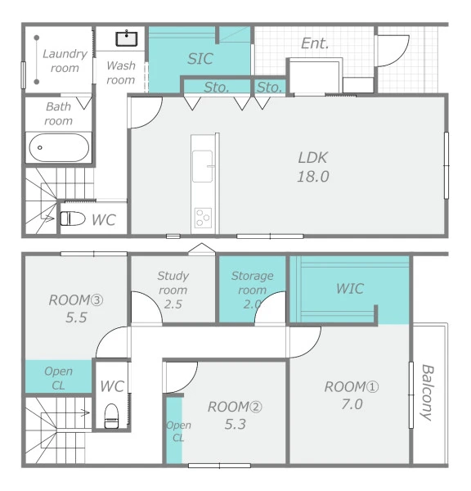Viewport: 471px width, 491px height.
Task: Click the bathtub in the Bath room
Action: (59, 147)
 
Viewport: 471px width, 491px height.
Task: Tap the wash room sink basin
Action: (127, 38)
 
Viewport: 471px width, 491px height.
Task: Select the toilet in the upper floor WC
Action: (73, 218)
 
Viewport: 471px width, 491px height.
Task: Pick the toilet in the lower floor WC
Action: (111, 416)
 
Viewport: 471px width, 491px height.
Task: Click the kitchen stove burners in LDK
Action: (203, 218)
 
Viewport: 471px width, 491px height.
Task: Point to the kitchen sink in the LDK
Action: (203, 166)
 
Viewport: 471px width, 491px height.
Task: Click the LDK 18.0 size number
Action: (313, 177)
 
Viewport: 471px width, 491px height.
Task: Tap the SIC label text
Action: (200, 59)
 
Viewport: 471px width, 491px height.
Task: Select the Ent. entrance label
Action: (315, 43)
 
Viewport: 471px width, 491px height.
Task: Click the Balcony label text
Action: (427, 392)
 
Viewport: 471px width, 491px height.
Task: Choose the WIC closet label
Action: (350, 288)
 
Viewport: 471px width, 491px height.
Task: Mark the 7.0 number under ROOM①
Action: (352, 404)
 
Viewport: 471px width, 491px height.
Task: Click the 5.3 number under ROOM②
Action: (235, 424)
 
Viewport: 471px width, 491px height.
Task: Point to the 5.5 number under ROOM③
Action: (76, 318)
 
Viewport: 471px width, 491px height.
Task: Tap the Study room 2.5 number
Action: (173, 304)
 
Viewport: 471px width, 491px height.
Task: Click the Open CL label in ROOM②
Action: (178, 431)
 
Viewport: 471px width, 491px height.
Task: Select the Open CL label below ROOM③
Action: (59, 378)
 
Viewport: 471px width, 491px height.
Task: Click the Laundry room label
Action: (65, 61)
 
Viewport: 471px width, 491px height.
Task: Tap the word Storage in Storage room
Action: (252, 276)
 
